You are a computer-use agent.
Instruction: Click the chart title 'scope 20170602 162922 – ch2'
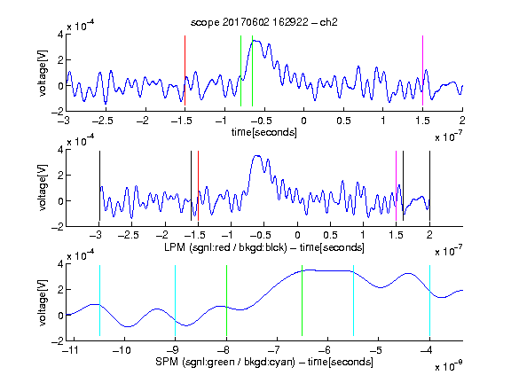[x=263, y=22]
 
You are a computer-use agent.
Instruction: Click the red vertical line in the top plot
[x=185, y=71]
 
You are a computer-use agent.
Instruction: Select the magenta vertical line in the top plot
[x=422, y=71]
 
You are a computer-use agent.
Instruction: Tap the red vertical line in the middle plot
[x=198, y=185]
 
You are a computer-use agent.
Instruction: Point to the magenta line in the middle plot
[x=397, y=185]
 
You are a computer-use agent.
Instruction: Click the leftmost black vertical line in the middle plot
[x=99, y=185]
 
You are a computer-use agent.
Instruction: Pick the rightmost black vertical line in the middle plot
[x=429, y=185]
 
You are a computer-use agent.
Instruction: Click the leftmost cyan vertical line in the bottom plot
[x=99, y=301]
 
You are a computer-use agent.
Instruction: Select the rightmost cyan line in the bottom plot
[x=429, y=301]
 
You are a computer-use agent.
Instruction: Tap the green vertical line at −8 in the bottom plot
[x=226, y=301]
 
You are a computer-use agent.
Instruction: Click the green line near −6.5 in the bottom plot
[x=303, y=301]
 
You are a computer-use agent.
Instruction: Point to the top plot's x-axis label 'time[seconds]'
[x=264, y=132]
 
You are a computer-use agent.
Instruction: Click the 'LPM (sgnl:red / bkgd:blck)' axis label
[x=225, y=247]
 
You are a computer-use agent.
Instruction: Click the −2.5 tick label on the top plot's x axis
[x=102, y=121]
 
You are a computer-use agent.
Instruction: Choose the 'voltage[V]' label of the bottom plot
[x=43, y=303]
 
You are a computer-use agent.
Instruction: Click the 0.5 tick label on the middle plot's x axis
[x=330, y=235]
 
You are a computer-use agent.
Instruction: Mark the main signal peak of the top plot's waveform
[x=255, y=41]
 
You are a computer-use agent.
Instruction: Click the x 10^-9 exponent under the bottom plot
[x=449, y=366]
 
